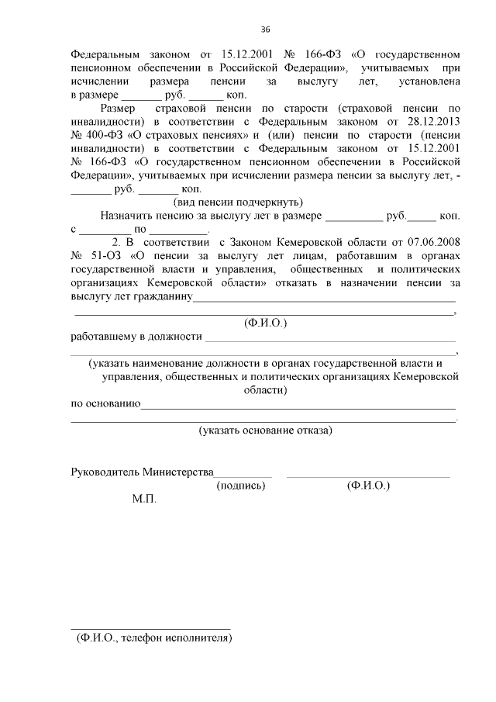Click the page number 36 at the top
pos(265,29)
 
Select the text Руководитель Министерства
pos(142,472)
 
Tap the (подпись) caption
pos(242,486)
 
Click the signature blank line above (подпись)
pos(243,475)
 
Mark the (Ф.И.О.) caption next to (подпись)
pos(368,486)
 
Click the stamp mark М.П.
pos(144,500)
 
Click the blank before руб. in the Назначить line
pos(353,220)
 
